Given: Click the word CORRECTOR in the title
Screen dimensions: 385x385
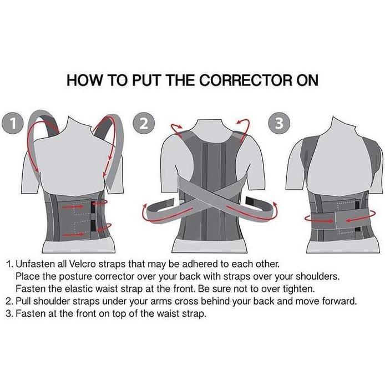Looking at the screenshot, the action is [246, 80].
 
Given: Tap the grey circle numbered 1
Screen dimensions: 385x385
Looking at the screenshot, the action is [13, 123].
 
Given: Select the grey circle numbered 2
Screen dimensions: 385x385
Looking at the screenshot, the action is [144, 123].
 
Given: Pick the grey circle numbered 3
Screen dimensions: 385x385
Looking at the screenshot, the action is [279, 123].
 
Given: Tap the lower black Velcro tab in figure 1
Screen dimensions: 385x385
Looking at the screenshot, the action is [93, 225].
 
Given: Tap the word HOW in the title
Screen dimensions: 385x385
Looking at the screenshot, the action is [84, 80].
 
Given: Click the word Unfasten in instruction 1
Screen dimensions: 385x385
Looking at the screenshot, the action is [34, 264].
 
